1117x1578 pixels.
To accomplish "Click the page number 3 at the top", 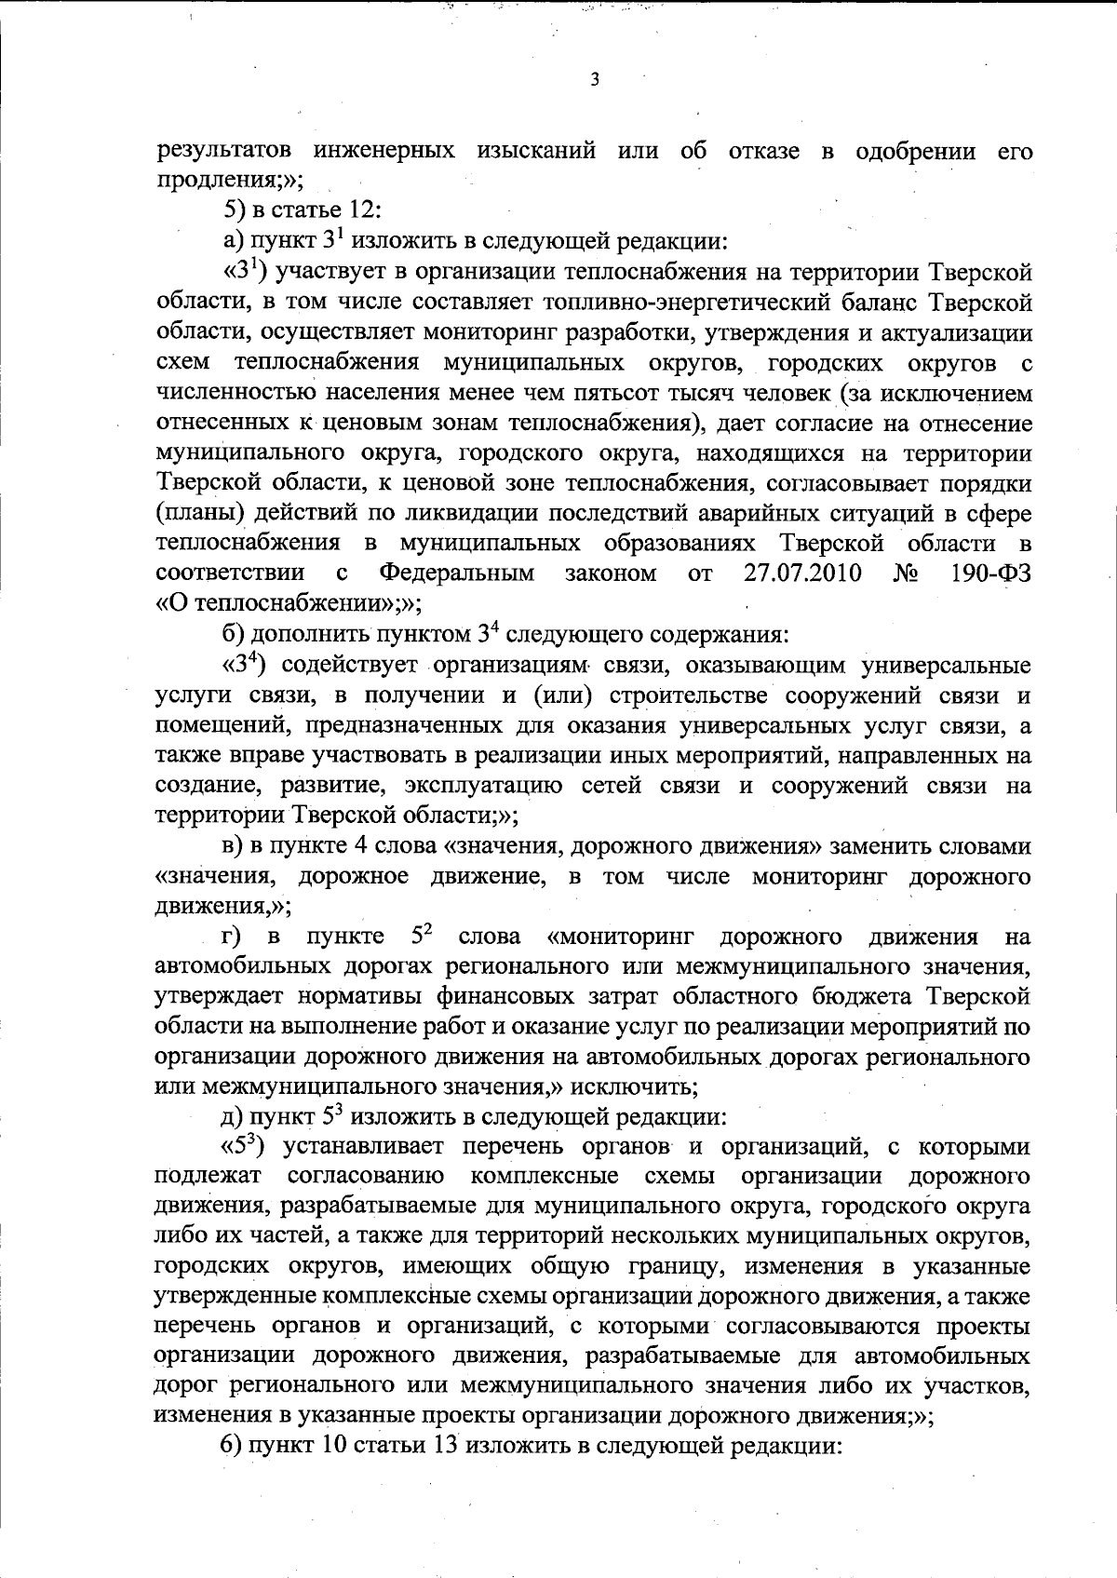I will [x=594, y=81].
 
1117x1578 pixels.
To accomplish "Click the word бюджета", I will [x=869, y=997].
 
